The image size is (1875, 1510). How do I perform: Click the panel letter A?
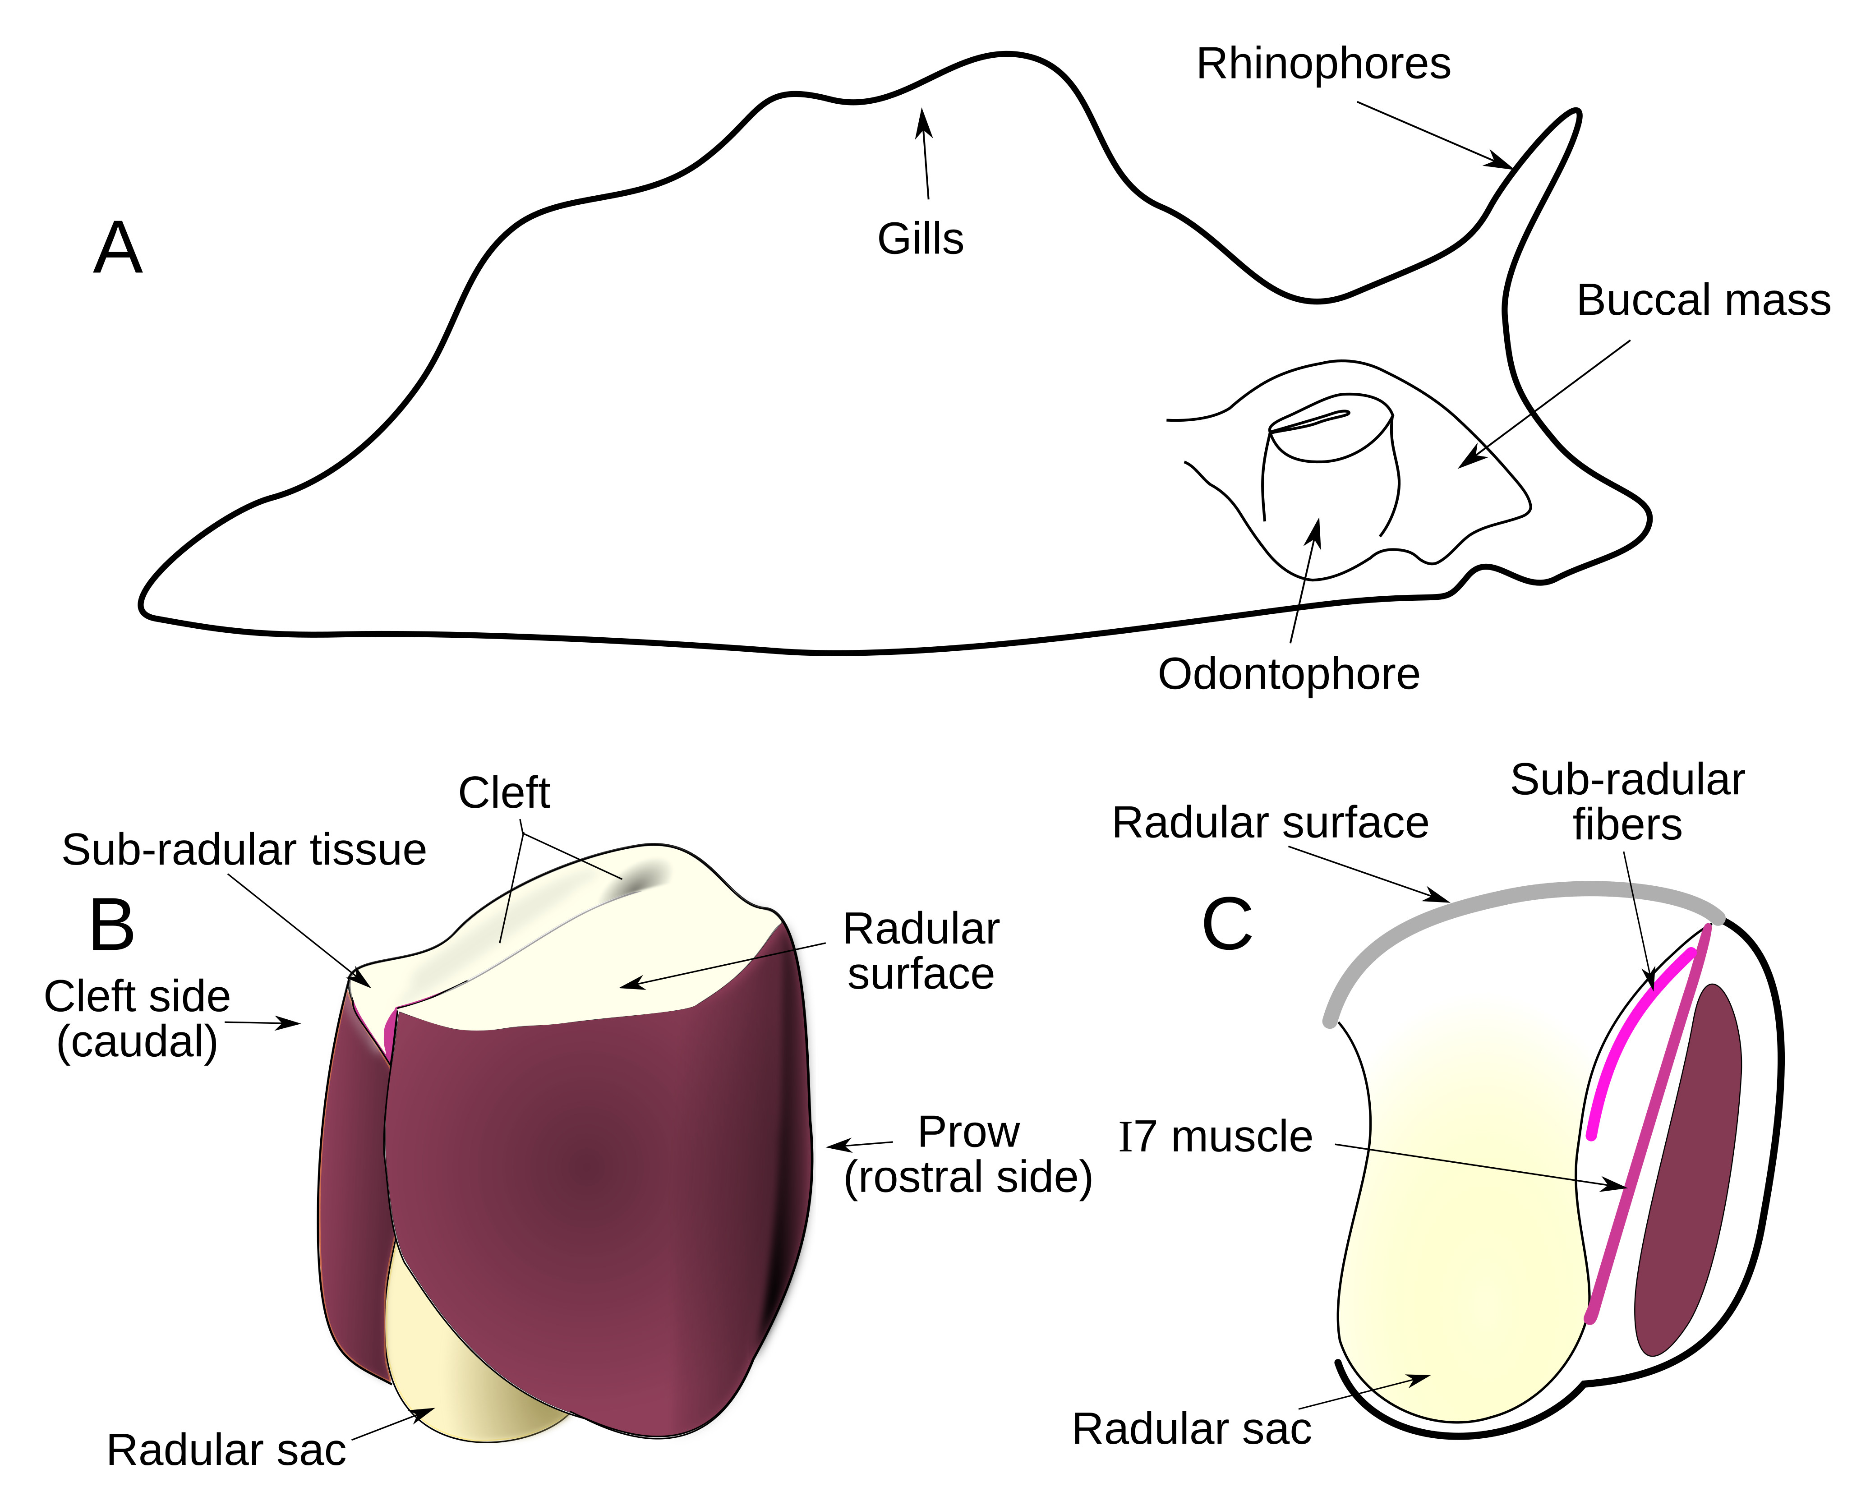[117, 249]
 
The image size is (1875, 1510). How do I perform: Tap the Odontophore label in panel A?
[1289, 674]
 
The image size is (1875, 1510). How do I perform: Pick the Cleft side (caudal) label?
[138, 1018]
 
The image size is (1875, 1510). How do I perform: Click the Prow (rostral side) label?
[968, 1154]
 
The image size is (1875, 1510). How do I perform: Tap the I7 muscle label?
[1215, 1137]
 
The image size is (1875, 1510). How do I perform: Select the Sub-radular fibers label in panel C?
[1627, 802]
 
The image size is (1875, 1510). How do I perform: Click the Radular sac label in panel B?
[226, 1450]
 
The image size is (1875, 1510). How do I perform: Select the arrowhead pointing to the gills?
[923, 117]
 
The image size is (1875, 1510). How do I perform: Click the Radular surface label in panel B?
[921, 952]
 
